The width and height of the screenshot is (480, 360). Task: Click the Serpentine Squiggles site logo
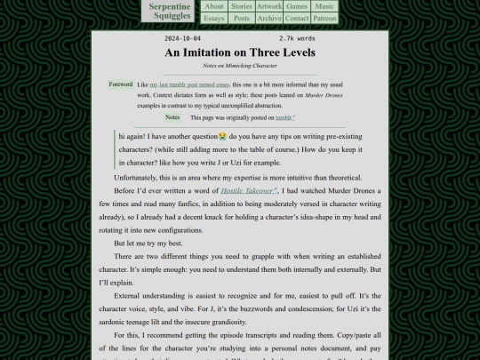pos(171,11)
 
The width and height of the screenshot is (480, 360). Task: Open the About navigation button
pos(214,6)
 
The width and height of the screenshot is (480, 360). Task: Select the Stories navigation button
pos(242,6)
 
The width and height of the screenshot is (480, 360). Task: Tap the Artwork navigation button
pos(269,6)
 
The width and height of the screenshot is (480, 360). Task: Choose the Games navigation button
pos(297,6)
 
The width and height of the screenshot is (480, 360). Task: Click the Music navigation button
pos(325,6)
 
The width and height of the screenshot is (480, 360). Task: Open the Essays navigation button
pos(214,18)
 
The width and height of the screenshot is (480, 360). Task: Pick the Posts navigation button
pos(242,18)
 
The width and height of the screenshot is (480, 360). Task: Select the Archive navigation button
pos(269,18)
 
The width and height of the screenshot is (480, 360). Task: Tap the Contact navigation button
pos(297,18)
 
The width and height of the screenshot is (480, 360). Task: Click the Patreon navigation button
pos(325,18)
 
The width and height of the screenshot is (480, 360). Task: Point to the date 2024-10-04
pos(183,39)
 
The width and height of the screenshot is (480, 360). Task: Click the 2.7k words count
pos(297,39)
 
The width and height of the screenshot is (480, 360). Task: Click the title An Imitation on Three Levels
pos(240,52)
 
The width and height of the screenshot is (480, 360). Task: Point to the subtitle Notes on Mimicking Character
pos(240,66)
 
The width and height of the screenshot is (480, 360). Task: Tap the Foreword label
pos(121,84)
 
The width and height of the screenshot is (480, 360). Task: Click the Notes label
pos(172,117)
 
